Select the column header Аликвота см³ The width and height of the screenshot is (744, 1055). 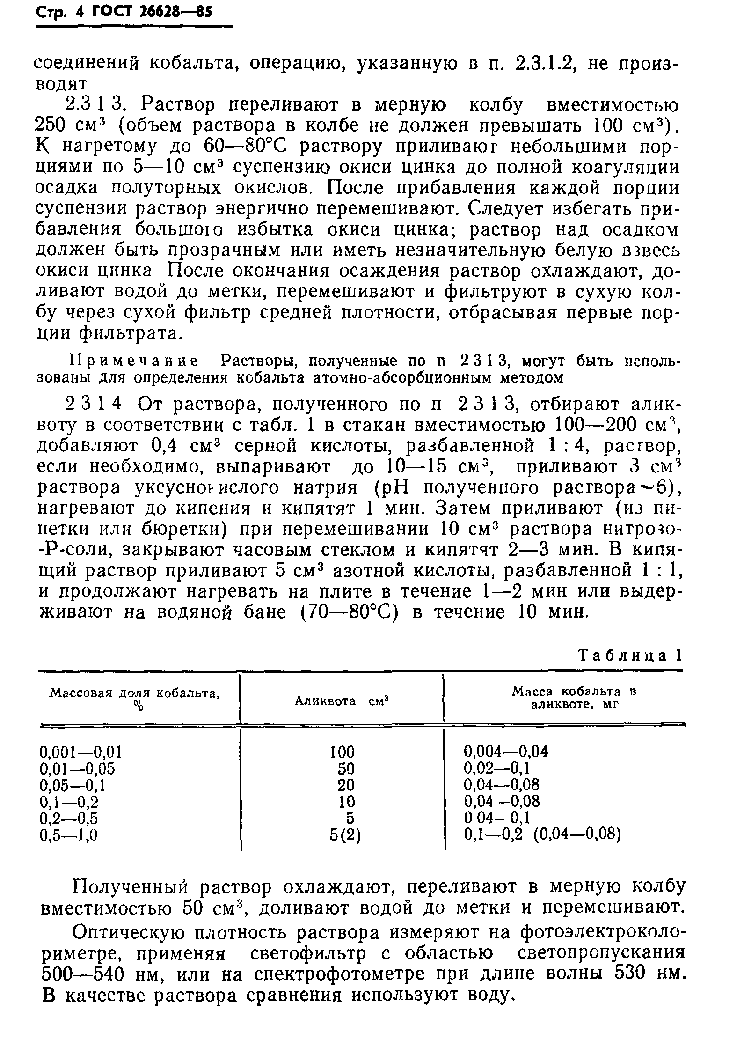(x=342, y=701)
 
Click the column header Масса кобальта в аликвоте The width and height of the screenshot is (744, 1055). (x=575, y=698)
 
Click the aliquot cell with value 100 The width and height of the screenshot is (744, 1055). (x=342, y=753)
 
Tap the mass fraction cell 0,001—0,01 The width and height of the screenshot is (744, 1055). (x=81, y=753)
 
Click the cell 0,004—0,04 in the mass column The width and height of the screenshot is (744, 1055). (x=505, y=753)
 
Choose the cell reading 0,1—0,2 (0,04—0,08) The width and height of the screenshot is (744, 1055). (x=542, y=835)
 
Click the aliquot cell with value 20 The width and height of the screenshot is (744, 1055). (x=346, y=785)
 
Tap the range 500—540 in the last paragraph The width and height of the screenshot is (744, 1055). (x=82, y=974)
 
